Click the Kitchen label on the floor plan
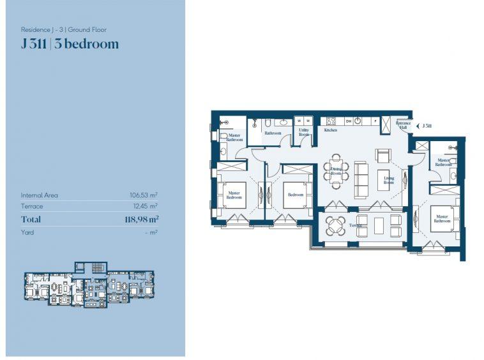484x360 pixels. [x=330, y=130]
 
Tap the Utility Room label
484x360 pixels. [x=304, y=132]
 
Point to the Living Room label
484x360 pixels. [x=389, y=181]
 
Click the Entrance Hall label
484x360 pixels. [x=403, y=126]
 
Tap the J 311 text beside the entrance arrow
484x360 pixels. [x=426, y=126]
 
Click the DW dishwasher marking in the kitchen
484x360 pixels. [x=349, y=121]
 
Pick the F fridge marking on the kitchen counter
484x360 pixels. [x=375, y=121]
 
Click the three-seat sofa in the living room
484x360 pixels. [x=361, y=179]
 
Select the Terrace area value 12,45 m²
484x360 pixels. [x=145, y=206]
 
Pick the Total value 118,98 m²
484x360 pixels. [x=141, y=220]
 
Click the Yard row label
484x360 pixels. [x=27, y=232]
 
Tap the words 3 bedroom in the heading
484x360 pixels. [x=91, y=44]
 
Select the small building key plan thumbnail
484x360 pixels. [x=89, y=284]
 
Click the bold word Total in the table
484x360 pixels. [x=31, y=220]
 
